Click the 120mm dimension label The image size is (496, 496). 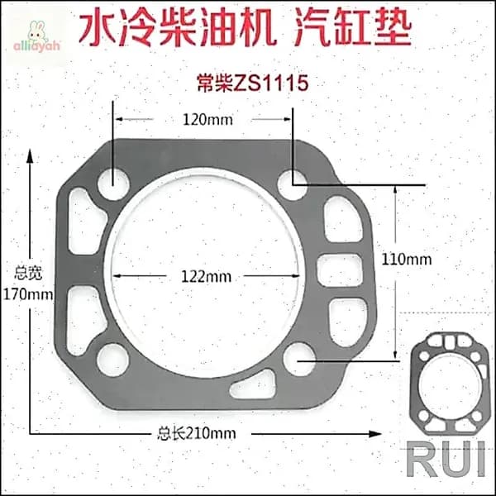pos(207,120)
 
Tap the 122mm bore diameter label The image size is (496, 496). pos(206,277)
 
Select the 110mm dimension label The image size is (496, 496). pos(407,260)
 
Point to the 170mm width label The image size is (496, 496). pos(28,294)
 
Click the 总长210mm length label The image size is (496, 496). pos(197,433)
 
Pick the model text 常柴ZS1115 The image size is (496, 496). pos(253,83)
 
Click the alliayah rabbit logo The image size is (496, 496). pos(36,36)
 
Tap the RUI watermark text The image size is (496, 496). pos(446,459)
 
